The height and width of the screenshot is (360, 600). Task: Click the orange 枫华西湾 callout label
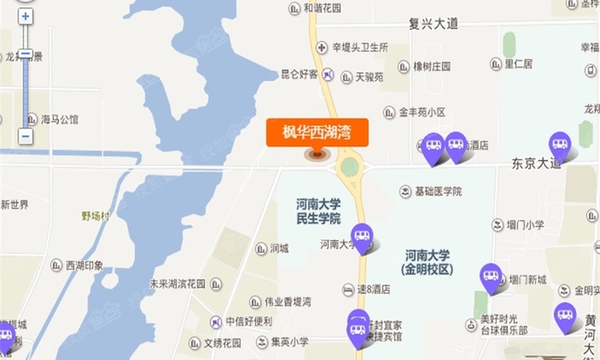(x=317, y=132)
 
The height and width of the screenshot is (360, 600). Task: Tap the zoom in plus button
(x=26, y=16)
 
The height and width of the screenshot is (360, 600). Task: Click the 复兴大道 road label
(x=433, y=24)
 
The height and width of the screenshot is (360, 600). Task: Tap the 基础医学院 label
(x=437, y=191)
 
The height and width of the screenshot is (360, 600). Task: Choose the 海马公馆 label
(x=59, y=120)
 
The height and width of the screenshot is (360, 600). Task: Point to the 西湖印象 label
(x=83, y=265)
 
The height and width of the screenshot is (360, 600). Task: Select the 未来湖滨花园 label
(x=177, y=284)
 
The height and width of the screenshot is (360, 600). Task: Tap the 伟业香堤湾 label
(x=280, y=302)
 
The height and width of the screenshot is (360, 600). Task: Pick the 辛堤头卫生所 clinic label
(x=360, y=48)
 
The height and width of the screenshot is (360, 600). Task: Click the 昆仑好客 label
(x=299, y=74)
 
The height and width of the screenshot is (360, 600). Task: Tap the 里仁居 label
(x=517, y=63)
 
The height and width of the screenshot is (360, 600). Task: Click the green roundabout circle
(x=350, y=167)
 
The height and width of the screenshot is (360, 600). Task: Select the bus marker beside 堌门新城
(x=490, y=276)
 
